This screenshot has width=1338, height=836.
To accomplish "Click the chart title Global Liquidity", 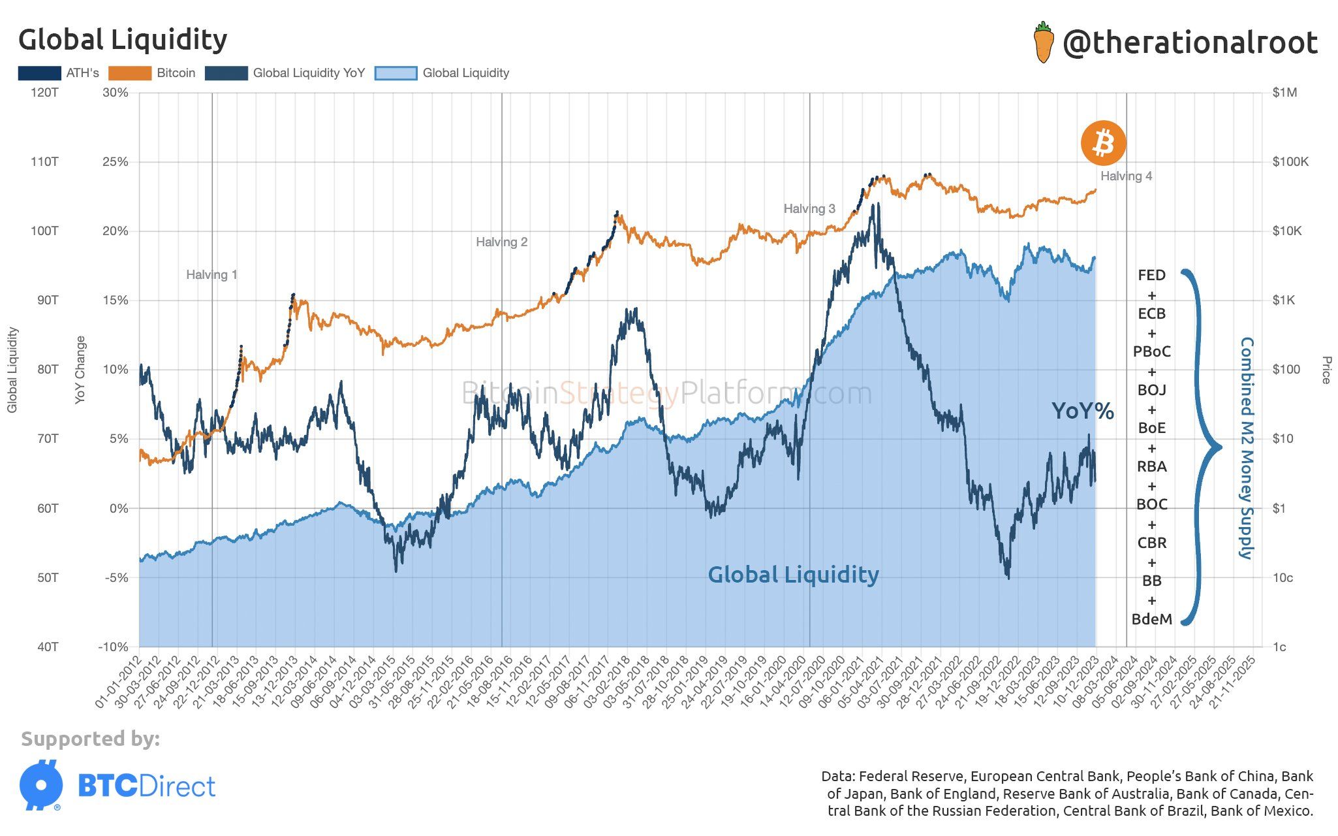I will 123,40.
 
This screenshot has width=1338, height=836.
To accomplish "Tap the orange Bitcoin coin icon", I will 1103,142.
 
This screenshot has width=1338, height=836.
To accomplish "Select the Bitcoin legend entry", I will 151,73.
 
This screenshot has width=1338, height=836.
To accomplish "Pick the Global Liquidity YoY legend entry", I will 285,73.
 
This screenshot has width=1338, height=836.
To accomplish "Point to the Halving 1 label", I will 211,275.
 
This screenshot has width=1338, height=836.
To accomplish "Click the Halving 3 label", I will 809,209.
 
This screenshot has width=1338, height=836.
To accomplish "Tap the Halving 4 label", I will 1126,176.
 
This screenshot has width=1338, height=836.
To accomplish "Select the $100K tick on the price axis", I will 1290,162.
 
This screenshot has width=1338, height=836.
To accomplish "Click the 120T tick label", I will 44,93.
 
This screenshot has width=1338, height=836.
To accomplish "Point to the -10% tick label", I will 113,647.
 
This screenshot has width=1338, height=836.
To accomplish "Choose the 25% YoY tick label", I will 116,162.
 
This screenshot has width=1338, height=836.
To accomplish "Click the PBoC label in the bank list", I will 1151,352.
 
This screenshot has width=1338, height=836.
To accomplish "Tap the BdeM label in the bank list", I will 1151,619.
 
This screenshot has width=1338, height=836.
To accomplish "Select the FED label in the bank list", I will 1151,276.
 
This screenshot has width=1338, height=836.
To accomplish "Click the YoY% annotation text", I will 1082,411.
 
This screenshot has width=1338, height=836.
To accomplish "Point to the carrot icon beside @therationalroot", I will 1043,42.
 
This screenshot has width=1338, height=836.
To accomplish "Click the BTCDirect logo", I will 117,786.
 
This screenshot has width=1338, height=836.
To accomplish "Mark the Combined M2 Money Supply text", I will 1246,448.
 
